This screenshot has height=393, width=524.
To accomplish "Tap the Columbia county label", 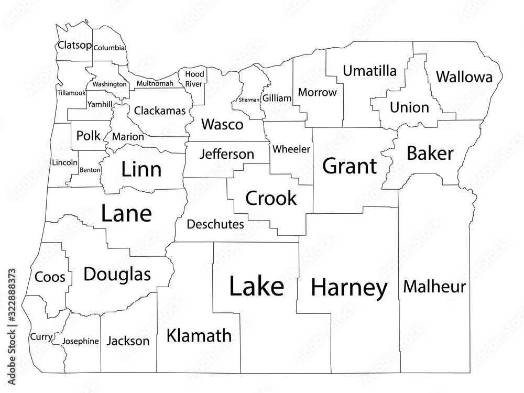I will click(x=110, y=48).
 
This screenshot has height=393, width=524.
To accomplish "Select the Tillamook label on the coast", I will click(x=71, y=93).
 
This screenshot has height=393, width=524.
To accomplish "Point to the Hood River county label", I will click(x=194, y=79).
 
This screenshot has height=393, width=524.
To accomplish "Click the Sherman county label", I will click(x=249, y=100).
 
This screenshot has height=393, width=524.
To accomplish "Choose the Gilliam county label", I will click(x=277, y=98).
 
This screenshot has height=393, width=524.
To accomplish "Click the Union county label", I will click(x=409, y=107).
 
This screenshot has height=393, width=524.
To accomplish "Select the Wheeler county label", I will click(x=291, y=149).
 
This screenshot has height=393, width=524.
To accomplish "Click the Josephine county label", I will click(x=80, y=341).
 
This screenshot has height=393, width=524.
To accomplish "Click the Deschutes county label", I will click(x=215, y=224).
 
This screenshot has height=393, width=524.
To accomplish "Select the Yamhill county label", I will click(x=100, y=104).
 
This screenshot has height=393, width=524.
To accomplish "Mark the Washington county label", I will click(x=109, y=84).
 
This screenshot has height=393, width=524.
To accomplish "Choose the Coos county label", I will click(x=50, y=277).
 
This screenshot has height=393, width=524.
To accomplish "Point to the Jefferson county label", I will click(x=227, y=155).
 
